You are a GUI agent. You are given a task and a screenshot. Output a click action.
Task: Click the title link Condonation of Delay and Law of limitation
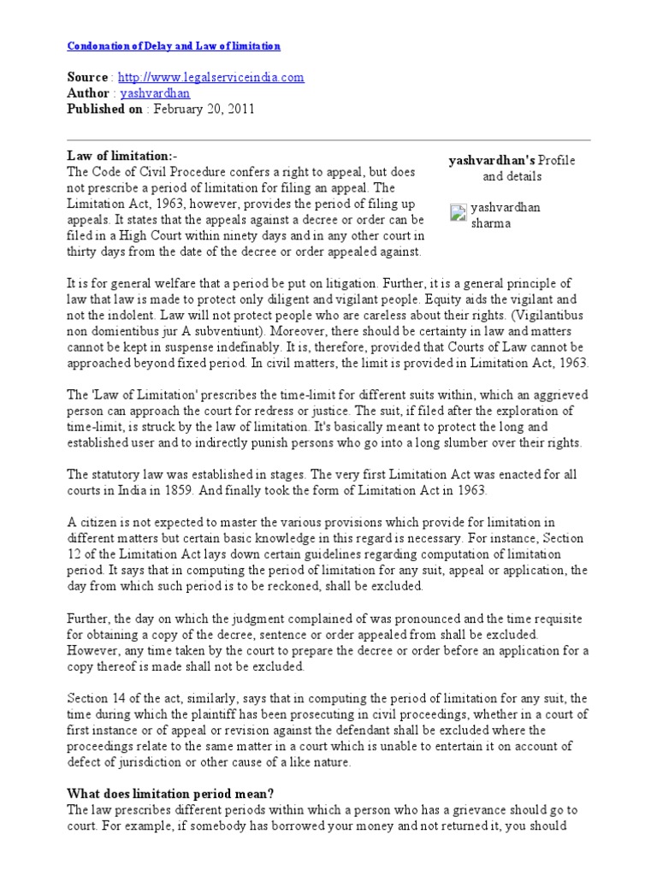tap(174, 45)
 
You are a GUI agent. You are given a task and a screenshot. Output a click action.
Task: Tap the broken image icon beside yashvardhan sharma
tap(458, 213)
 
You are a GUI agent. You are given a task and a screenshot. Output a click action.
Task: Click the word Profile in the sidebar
tap(555, 161)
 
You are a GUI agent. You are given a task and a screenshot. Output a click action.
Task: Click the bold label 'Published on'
tap(104, 109)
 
